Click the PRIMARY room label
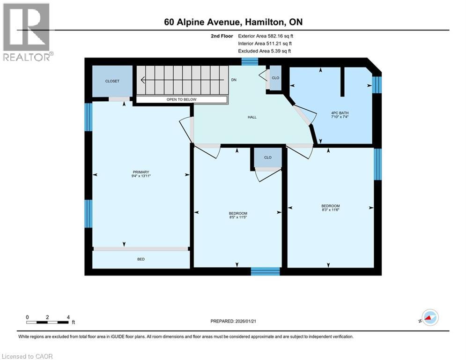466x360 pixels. [x=141, y=172]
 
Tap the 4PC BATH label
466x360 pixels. [x=340, y=113]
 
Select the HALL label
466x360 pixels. [x=252, y=117]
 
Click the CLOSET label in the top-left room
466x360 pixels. [x=112, y=81]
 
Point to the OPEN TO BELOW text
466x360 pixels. [x=181, y=99]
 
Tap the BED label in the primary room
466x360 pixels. [x=141, y=259]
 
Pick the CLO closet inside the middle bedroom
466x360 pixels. [x=268, y=157]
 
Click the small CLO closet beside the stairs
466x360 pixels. [x=275, y=78]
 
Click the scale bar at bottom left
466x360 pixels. [x=48, y=322]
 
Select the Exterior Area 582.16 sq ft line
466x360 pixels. [x=266, y=36]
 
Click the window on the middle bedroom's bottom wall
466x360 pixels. [x=265, y=271]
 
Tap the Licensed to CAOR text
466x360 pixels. [x=28, y=356]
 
